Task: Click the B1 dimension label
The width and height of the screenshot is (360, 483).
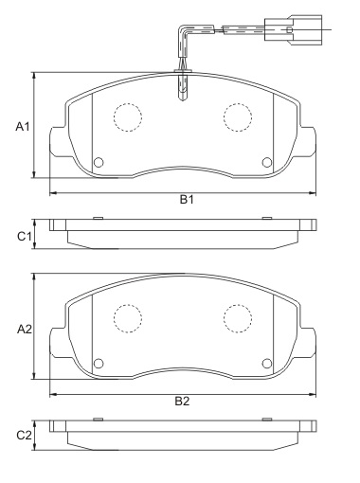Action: click(x=188, y=200)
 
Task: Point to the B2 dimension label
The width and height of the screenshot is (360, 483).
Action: click(x=182, y=402)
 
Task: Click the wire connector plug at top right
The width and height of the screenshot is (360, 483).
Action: click(x=304, y=30)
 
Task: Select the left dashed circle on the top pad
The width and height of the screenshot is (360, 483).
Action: click(x=127, y=116)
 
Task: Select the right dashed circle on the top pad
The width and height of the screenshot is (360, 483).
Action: click(x=236, y=116)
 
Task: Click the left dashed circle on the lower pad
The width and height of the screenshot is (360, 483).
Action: click(x=127, y=318)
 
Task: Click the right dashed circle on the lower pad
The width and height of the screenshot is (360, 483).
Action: click(x=236, y=318)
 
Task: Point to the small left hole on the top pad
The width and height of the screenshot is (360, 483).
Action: click(x=98, y=160)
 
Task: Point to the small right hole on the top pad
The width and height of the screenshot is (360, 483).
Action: click(x=266, y=160)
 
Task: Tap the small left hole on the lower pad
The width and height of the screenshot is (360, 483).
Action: click(x=98, y=361)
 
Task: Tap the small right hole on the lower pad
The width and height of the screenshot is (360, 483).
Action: click(x=266, y=361)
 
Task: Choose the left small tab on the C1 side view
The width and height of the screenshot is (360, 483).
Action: click(x=98, y=218)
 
